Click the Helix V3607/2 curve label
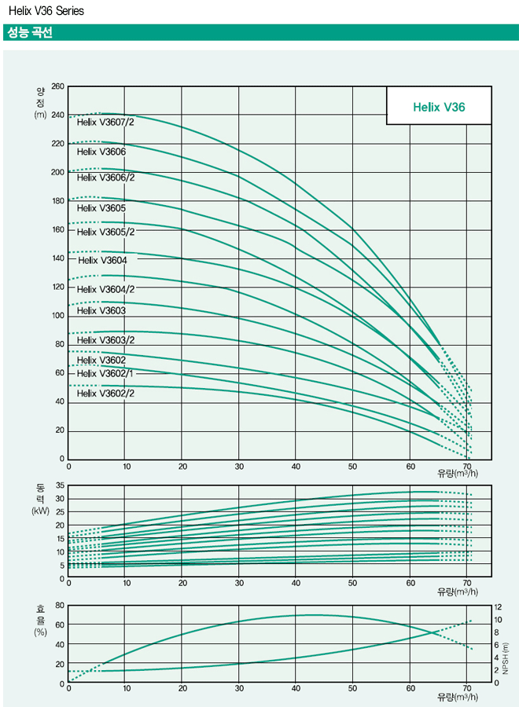click(x=105, y=122)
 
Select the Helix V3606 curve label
click(x=101, y=151)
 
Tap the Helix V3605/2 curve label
click(x=105, y=232)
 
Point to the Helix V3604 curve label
click(x=101, y=260)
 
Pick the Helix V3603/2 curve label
click(x=105, y=339)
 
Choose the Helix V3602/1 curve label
click(x=105, y=374)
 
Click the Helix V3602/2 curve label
click(x=105, y=393)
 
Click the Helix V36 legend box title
click(x=439, y=107)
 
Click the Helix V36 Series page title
click(x=46, y=11)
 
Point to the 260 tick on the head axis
click(x=57, y=86)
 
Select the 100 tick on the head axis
click(x=57, y=316)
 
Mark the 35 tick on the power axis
click(x=59, y=486)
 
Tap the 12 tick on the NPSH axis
click(x=497, y=607)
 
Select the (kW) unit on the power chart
click(x=41, y=510)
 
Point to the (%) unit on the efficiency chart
click(x=41, y=631)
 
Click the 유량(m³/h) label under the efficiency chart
click(x=457, y=697)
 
